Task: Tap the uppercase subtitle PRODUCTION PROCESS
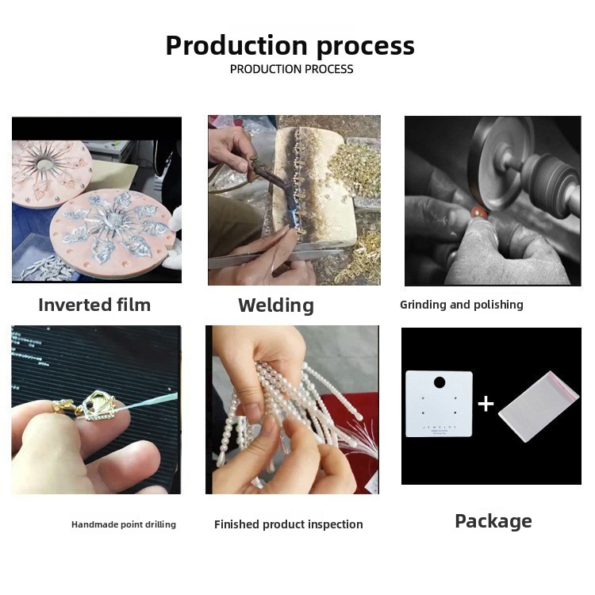point(291,70)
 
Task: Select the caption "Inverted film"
point(94,305)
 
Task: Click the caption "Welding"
point(276,306)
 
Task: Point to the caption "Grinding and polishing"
point(462,305)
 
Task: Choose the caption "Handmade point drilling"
point(124,524)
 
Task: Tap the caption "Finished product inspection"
point(289,524)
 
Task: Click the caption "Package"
point(493,521)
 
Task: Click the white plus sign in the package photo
point(486,404)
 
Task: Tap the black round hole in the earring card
point(440,382)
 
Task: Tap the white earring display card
point(439,404)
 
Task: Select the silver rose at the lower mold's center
point(111,219)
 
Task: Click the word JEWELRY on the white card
point(440,427)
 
